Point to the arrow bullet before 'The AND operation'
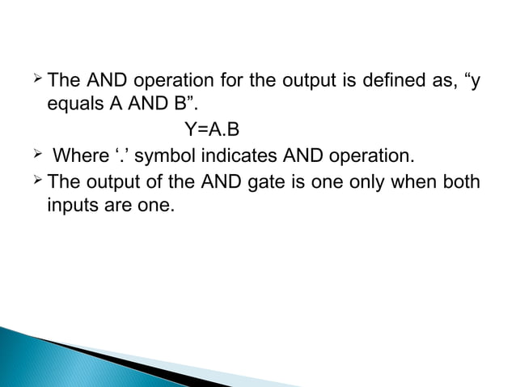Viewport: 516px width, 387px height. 37,81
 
